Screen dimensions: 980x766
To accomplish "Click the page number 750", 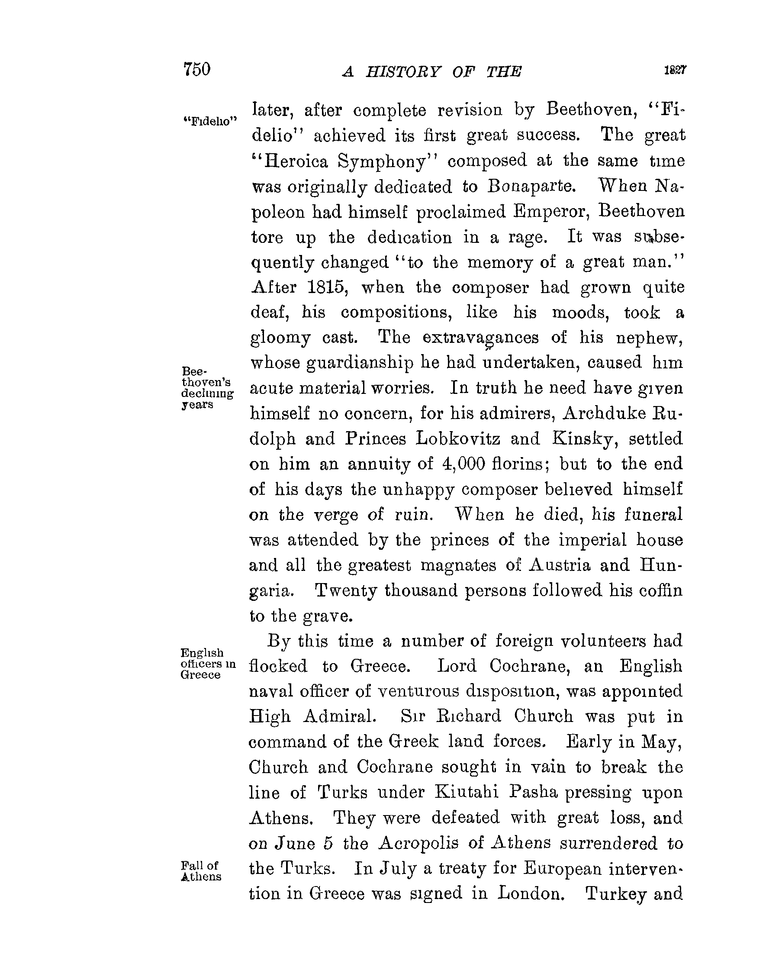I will [x=196, y=70].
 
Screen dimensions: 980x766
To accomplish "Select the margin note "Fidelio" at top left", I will [x=210, y=121].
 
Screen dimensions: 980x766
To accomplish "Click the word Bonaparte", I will [x=532, y=186].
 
